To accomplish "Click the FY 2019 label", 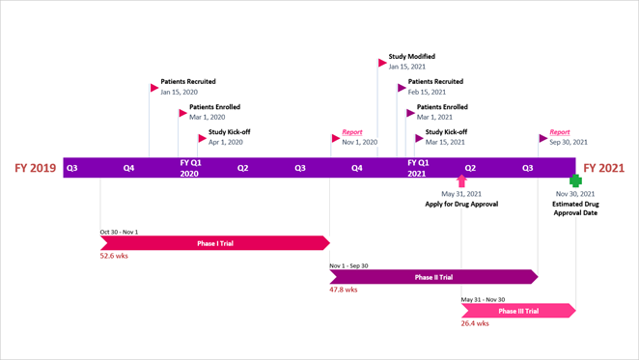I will [35, 168].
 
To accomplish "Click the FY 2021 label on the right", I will [604, 168].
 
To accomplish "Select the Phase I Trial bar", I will [214, 243].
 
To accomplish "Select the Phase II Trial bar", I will [433, 277].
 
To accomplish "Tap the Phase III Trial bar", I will [518, 311].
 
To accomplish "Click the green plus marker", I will [575, 180].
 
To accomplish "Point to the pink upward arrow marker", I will [461, 180].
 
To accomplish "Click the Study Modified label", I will [411, 57].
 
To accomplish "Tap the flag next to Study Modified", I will [383, 63].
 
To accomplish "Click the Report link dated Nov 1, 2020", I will [352, 132].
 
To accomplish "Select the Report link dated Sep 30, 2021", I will [560, 132].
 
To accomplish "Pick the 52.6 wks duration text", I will [114, 256].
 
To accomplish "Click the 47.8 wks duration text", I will [344, 290].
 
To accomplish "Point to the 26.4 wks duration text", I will [475, 323].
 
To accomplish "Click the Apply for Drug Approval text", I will [461, 205].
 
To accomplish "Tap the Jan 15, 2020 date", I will [179, 92].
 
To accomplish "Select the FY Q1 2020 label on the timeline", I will [190, 168].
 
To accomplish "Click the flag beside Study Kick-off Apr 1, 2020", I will [202, 138].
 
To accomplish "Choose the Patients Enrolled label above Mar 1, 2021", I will [442, 107].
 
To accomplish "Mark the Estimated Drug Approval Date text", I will [575, 208].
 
